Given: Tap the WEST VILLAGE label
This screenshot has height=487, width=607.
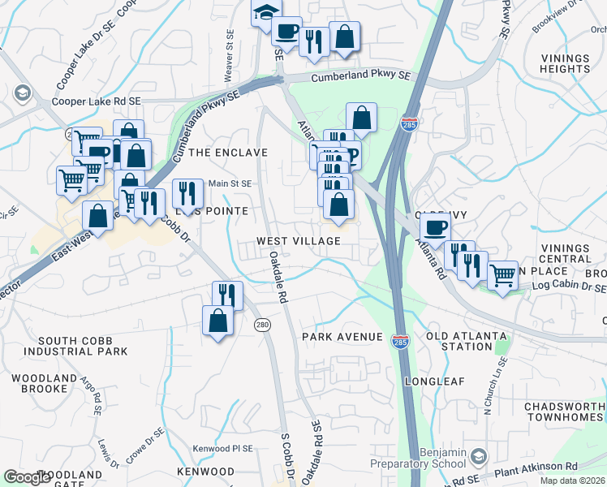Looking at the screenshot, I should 298,241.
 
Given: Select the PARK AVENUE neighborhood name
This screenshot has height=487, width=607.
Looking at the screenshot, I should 342,336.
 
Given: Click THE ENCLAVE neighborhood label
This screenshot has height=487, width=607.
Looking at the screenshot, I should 228,153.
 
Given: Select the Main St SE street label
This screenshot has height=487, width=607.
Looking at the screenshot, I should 230,183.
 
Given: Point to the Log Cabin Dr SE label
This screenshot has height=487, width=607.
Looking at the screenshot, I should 568,287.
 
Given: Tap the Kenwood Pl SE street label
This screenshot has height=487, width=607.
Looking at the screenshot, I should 222,448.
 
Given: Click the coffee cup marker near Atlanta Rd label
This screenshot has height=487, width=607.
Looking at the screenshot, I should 434,228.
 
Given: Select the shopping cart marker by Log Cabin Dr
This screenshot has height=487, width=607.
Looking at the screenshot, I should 502,276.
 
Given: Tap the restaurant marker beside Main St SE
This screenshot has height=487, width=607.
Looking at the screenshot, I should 187,193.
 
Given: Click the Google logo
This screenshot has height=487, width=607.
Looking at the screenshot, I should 28,477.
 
